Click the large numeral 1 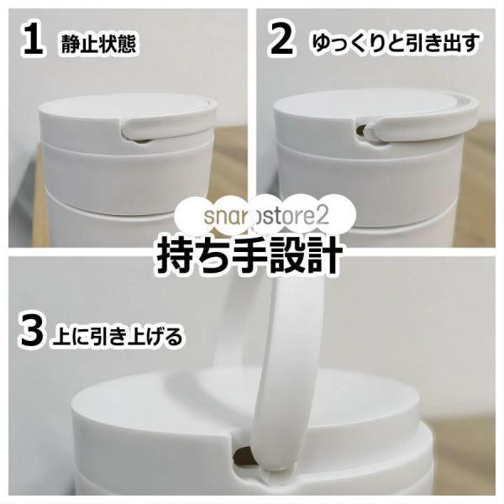tap(33, 39)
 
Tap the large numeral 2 tap(281, 39)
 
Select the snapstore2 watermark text tap(266, 216)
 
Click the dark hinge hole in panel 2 tap(360, 131)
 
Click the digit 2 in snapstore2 tap(324, 215)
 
